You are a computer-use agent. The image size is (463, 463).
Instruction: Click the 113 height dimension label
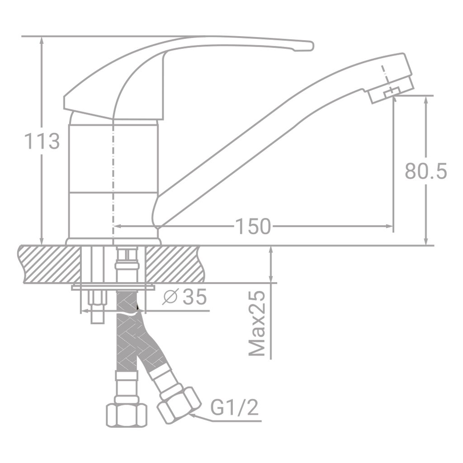coord(41,142)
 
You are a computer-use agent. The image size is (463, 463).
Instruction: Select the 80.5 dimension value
coord(425,171)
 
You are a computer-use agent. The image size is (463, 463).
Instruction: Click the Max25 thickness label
coord(257,324)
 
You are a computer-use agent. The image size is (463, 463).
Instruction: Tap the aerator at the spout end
coord(390,90)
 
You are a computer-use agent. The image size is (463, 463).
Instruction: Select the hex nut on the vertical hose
coord(127,413)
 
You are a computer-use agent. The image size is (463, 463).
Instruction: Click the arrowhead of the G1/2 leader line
coord(194,413)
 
